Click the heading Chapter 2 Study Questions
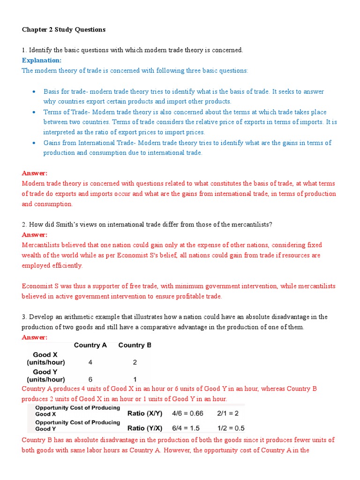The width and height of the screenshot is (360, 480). click(64, 30)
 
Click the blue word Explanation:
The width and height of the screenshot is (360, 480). click(42, 60)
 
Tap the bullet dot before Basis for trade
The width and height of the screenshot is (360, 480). click(34, 92)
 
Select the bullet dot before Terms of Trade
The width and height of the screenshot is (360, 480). click(34, 112)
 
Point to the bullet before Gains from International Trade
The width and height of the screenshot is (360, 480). click(34, 143)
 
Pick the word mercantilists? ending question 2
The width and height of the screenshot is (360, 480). click(250, 225)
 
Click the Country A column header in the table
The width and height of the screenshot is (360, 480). click(90, 345)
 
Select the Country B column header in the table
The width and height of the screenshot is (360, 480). click(135, 345)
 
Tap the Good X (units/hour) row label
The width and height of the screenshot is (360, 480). click(46, 359)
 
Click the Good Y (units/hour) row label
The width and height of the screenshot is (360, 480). click(46, 375)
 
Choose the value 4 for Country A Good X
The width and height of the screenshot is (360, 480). click(90, 362)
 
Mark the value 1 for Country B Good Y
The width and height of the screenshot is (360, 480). click(135, 379)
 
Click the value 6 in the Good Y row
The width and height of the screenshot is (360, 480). click(90, 379)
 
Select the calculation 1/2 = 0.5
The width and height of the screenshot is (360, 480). click(231, 428)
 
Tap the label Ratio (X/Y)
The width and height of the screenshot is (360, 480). click(145, 413)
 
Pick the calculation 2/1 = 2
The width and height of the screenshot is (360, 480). click(228, 413)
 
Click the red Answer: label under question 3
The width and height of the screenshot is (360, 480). click(35, 337)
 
